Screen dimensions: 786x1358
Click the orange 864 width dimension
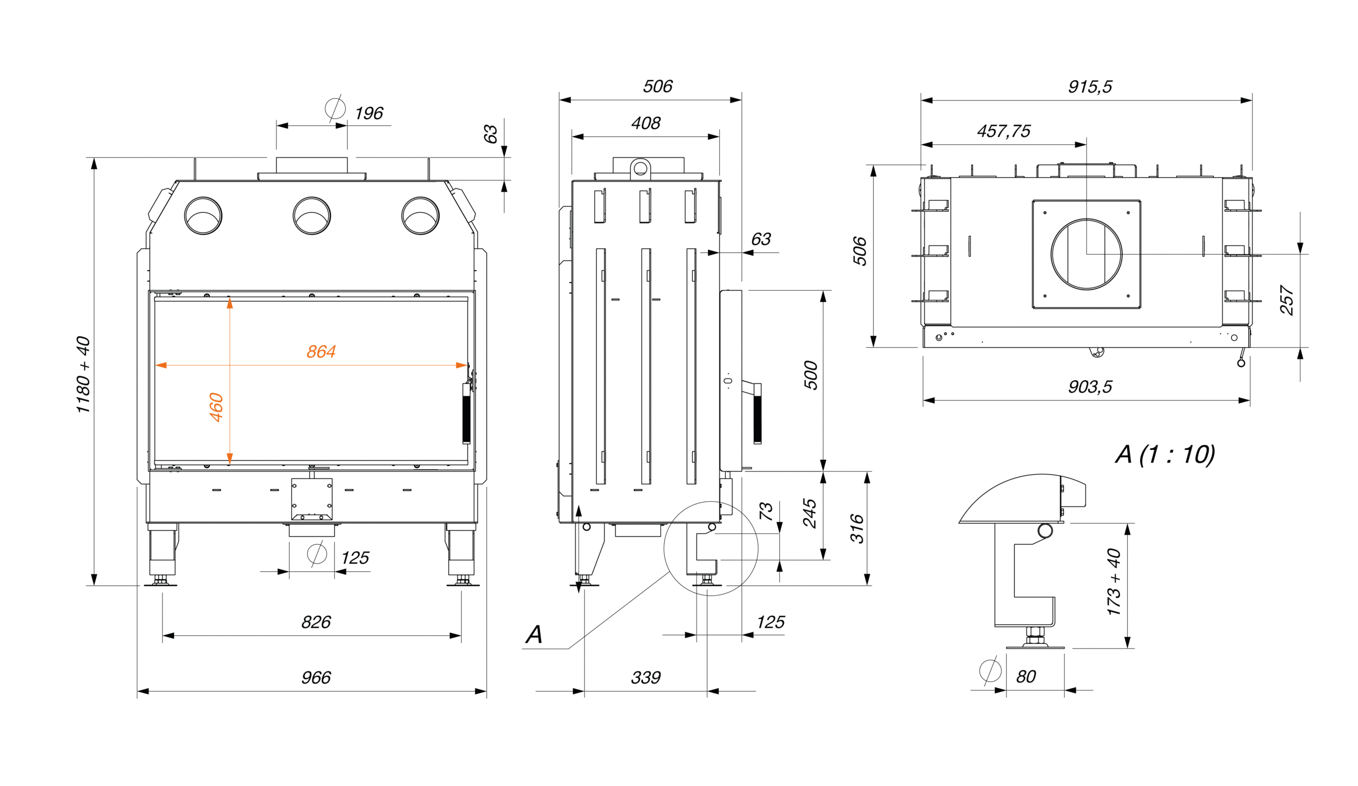320,352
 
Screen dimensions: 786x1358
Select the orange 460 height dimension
216,407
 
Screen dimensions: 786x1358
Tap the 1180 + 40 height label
83,374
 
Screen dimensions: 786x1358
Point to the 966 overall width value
316,677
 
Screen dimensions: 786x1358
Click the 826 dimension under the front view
316,622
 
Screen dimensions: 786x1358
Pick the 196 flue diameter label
369,113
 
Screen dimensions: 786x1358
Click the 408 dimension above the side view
646,124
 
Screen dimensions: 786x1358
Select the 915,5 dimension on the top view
1090,87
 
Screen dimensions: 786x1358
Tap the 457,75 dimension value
1004,131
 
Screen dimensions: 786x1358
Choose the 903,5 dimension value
1090,387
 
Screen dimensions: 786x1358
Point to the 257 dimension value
1286,300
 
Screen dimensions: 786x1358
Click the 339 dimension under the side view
646,677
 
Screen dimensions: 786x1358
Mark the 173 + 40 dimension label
1113,582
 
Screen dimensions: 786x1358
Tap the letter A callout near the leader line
534,635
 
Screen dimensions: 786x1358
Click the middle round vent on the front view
311,215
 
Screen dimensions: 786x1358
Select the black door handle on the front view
466,414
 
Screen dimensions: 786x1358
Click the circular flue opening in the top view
1086,254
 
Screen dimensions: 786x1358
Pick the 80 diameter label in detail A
1026,676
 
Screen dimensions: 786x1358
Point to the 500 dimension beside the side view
811,375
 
